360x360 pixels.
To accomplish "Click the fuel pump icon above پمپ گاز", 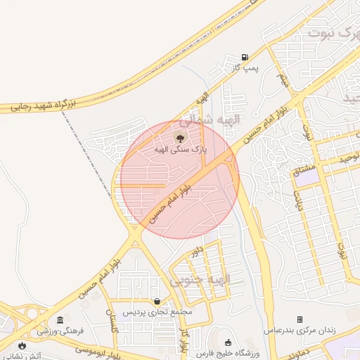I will click(x=245, y=57).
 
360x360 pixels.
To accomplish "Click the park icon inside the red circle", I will click(x=179, y=138).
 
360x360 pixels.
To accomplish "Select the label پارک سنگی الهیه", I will click(x=181, y=149).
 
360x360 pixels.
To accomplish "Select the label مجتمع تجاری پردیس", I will click(x=158, y=311).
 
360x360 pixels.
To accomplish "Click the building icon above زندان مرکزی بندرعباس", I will click(x=300, y=319).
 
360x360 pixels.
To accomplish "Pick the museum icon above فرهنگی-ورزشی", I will click(x=60, y=320).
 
